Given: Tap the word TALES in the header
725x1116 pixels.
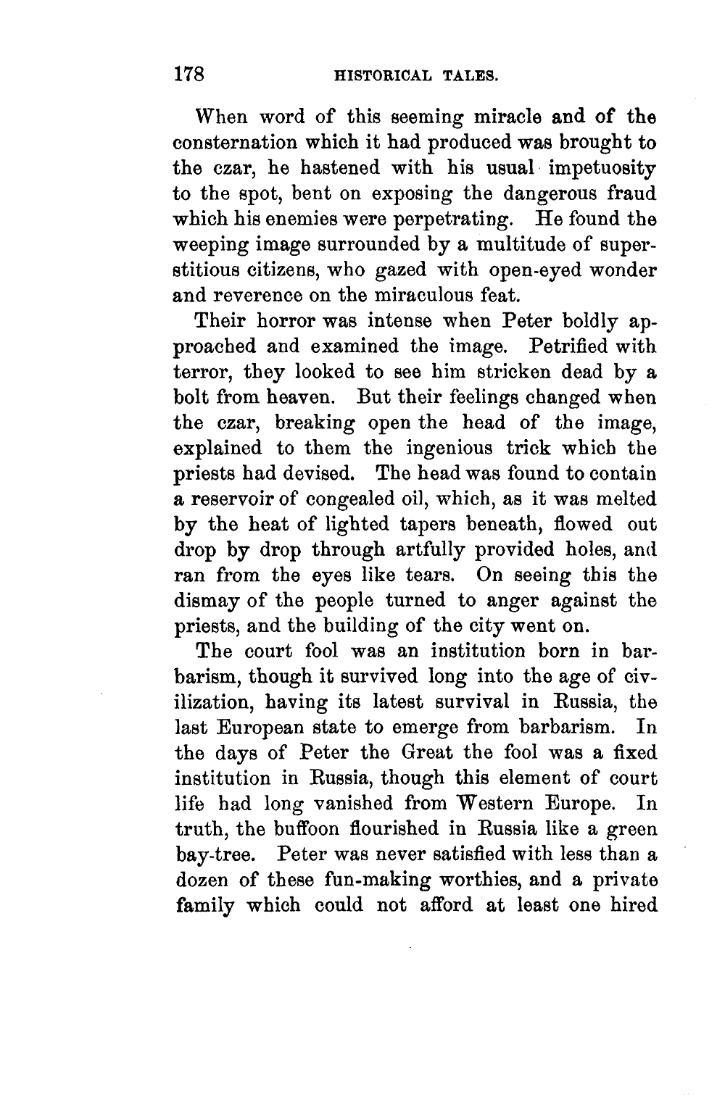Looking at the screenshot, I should point(471,75).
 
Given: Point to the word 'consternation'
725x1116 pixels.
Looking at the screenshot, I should point(246,143).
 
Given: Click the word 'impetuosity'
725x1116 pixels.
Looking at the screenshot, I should point(603,168).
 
